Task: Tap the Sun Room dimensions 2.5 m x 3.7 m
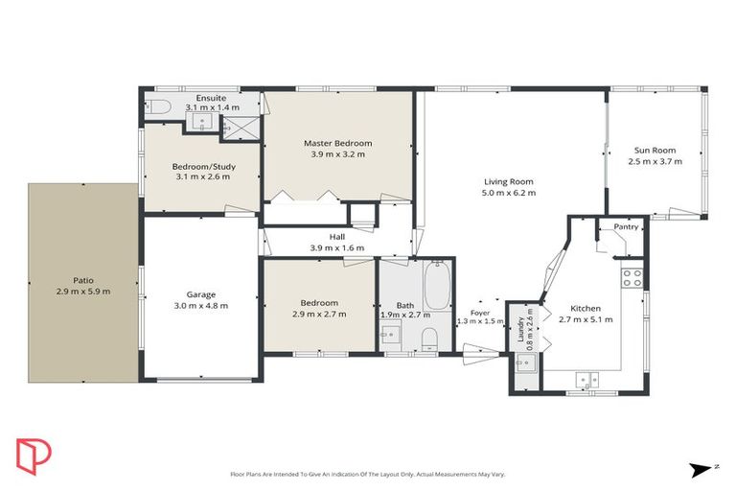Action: pyautogui.click(x=655, y=162)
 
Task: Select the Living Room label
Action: pyautogui.click(x=508, y=181)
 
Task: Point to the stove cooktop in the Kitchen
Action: pyautogui.click(x=632, y=278)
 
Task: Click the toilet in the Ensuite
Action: pyautogui.click(x=158, y=106)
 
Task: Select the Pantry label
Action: pyautogui.click(x=626, y=227)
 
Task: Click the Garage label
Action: pyautogui.click(x=201, y=294)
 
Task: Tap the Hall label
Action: pyautogui.click(x=336, y=237)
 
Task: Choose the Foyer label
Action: pyautogui.click(x=479, y=312)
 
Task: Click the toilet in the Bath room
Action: pyautogui.click(x=430, y=337)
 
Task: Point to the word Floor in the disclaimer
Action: pyautogui.click(x=239, y=474)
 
